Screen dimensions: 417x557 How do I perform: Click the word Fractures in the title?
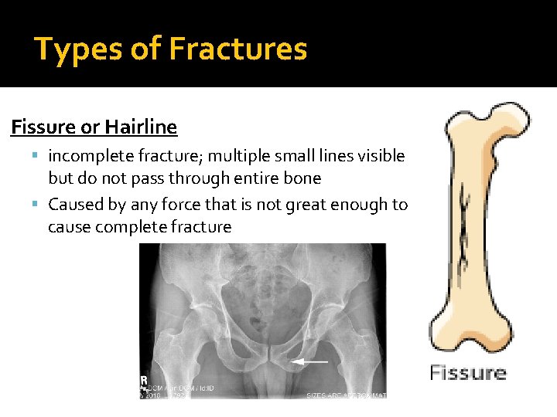pyautogui.click(x=237, y=49)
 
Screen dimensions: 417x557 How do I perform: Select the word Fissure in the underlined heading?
pyautogui.click(x=41, y=127)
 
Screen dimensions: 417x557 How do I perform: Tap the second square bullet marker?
pyautogui.click(x=37, y=205)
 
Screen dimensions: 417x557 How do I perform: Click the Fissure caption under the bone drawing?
pyautogui.click(x=468, y=373)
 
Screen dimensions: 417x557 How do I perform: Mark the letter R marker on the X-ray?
pyautogui.click(x=145, y=380)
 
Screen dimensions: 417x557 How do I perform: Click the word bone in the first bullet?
pyautogui.click(x=302, y=178)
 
